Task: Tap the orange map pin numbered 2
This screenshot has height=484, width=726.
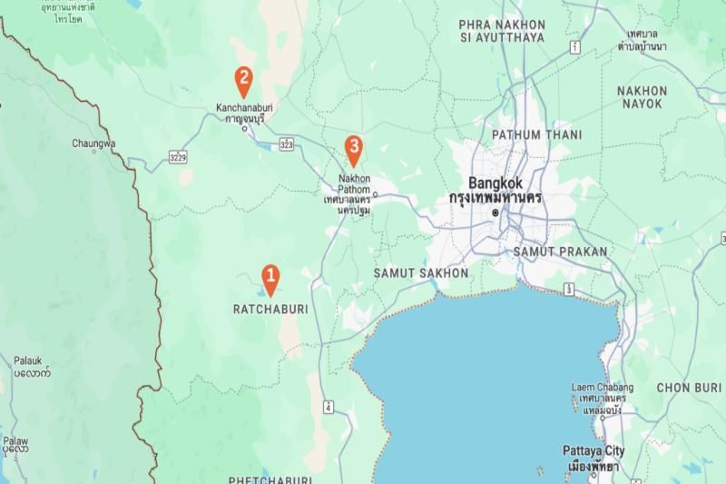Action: pyautogui.click(x=243, y=80)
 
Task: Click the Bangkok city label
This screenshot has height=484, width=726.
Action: pyautogui.click(x=495, y=182)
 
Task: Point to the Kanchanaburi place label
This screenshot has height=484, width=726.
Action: pyautogui.click(x=244, y=107)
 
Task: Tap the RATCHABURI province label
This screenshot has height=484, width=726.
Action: pyautogui.click(x=270, y=309)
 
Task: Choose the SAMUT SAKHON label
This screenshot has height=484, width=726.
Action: pyautogui.click(x=421, y=272)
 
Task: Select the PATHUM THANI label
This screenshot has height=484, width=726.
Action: pyautogui.click(x=529, y=134)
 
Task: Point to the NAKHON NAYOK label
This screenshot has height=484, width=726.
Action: pyautogui.click(x=642, y=97)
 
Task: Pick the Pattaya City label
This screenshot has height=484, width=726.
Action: pyautogui.click(x=592, y=451)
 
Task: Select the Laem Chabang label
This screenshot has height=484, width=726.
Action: pyautogui.click(x=602, y=388)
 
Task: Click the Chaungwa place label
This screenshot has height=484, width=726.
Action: pyautogui.click(x=93, y=143)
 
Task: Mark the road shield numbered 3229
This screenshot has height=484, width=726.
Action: pyautogui.click(x=178, y=159)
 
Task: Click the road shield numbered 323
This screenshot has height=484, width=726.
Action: pyautogui.click(x=287, y=143)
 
